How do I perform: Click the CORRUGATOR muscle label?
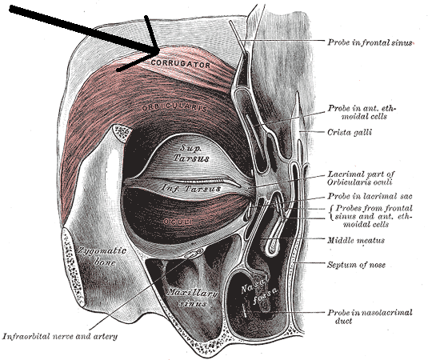[181, 64]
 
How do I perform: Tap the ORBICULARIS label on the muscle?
[174, 107]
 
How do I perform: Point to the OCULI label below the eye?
[178, 222]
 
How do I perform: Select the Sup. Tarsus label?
[191, 154]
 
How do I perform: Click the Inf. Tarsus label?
[191, 188]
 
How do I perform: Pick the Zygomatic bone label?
[102, 256]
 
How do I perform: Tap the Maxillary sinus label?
[193, 298]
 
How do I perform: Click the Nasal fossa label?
[259, 290]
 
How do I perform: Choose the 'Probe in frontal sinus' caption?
[370, 42]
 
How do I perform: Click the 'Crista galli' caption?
[350, 132]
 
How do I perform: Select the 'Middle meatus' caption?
[356, 240]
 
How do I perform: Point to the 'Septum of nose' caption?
[356, 265]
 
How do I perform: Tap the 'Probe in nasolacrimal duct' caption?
[370, 317]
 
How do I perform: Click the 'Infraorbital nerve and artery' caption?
[60, 337]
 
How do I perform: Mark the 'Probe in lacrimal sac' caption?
[370, 196]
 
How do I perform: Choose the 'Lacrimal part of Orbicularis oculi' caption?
[361, 178]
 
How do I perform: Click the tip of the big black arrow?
[159, 51]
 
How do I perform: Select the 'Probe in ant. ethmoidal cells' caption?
[362, 112]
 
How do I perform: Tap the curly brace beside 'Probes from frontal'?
[331, 213]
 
